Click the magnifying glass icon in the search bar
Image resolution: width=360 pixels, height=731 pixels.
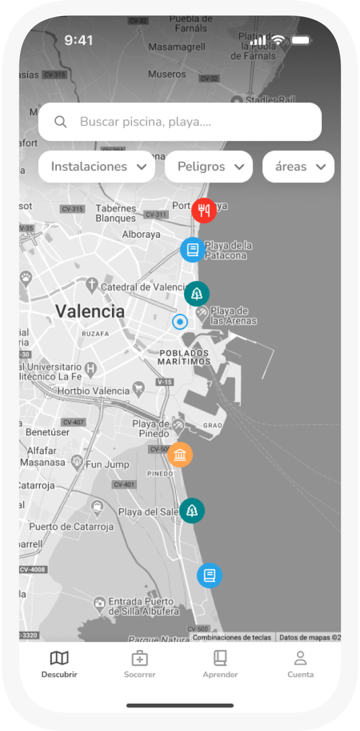(61, 122)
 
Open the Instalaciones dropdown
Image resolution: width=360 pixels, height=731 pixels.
(97, 166)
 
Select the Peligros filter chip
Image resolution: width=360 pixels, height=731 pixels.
(209, 166)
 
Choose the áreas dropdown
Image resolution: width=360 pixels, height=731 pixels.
(299, 166)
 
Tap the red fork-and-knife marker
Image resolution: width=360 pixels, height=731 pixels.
(204, 210)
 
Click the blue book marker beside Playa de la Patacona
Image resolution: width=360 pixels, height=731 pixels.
(193, 250)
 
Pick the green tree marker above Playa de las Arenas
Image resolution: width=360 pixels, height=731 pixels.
(197, 294)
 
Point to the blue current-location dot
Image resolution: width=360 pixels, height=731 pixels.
(180, 322)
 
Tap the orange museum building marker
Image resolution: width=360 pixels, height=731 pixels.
(180, 455)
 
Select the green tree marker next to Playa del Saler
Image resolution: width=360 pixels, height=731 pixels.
(192, 511)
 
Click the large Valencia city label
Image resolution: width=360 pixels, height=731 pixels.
(90, 311)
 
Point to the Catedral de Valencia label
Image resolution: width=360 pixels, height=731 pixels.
(144, 287)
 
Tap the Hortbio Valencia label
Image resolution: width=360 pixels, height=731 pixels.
(93, 391)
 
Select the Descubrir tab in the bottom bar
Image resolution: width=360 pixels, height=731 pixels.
(59, 664)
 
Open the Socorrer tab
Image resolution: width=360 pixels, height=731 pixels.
(140, 664)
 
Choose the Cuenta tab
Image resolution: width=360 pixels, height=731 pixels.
(300, 664)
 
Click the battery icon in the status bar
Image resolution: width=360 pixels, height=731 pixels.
(300, 41)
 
